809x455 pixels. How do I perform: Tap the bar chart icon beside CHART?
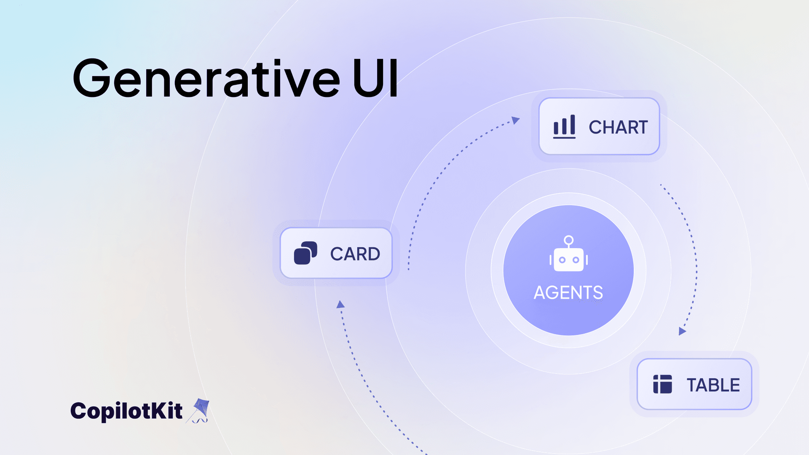pos(564,126)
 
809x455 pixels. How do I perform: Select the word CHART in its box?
pos(618,127)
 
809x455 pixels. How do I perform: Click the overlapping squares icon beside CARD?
pos(305,253)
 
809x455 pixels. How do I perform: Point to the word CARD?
pos(355,254)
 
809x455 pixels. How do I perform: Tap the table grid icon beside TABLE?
pos(662,384)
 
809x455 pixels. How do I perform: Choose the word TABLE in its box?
pos(713,385)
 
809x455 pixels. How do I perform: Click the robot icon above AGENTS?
pos(568,254)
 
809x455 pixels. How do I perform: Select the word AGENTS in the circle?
pos(568,292)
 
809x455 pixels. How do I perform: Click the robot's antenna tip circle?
pos(568,240)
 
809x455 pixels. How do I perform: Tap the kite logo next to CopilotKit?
pos(200,410)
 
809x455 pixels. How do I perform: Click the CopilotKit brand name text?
pos(126,411)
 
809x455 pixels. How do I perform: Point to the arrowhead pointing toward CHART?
pos(515,120)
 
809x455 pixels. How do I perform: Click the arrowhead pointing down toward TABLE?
pos(682,331)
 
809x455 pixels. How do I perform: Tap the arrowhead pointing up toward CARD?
pos(340,305)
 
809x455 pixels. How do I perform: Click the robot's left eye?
pos(562,260)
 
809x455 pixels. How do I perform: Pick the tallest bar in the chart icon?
pos(573,124)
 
